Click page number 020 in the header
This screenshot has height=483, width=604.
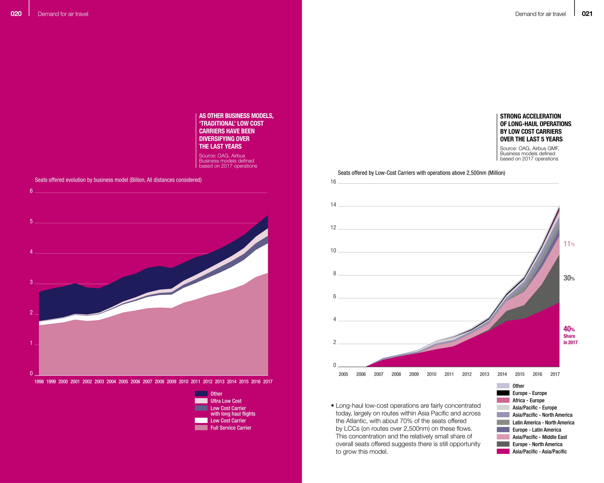click(16, 13)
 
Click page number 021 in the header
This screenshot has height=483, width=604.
click(587, 13)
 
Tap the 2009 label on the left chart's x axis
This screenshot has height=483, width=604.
click(171, 381)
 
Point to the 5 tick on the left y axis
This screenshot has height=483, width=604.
click(31, 221)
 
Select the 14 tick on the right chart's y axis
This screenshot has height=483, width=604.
click(333, 205)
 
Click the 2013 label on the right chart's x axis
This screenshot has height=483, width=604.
click(484, 374)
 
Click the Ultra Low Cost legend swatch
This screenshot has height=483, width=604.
click(201, 401)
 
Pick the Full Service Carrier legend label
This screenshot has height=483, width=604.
click(231, 428)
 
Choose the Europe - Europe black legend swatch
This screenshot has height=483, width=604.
click(503, 393)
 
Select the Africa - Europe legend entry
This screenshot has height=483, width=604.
click(528, 400)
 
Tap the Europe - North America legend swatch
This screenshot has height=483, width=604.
click(503, 444)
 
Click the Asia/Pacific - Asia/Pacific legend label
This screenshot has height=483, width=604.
click(540, 451)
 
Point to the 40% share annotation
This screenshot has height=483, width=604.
click(569, 329)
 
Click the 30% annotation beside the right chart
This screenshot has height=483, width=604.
click(569, 278)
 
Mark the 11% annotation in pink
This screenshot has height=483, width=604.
click(569, 244)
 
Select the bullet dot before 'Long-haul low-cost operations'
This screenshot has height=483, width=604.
click(332, 406)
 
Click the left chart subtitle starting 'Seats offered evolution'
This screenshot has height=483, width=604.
click(118, 180)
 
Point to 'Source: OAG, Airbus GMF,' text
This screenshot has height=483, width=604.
click(529, 148)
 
